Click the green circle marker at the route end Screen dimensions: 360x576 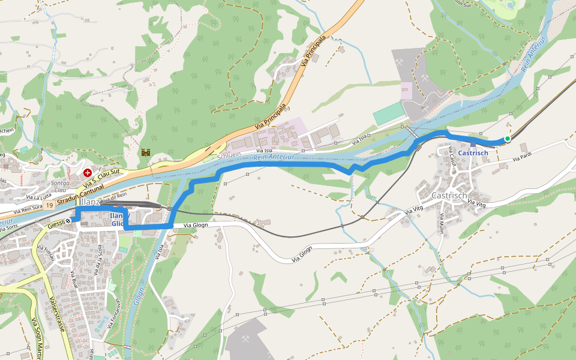[507, 139]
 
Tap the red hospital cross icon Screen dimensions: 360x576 [88, 172]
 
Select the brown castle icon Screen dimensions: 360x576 [145, 153]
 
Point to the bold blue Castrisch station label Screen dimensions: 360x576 [473, 153]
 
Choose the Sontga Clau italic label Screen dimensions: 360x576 [59, 186]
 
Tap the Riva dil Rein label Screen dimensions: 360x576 [113, 196]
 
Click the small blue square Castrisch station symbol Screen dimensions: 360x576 [473, 144]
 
